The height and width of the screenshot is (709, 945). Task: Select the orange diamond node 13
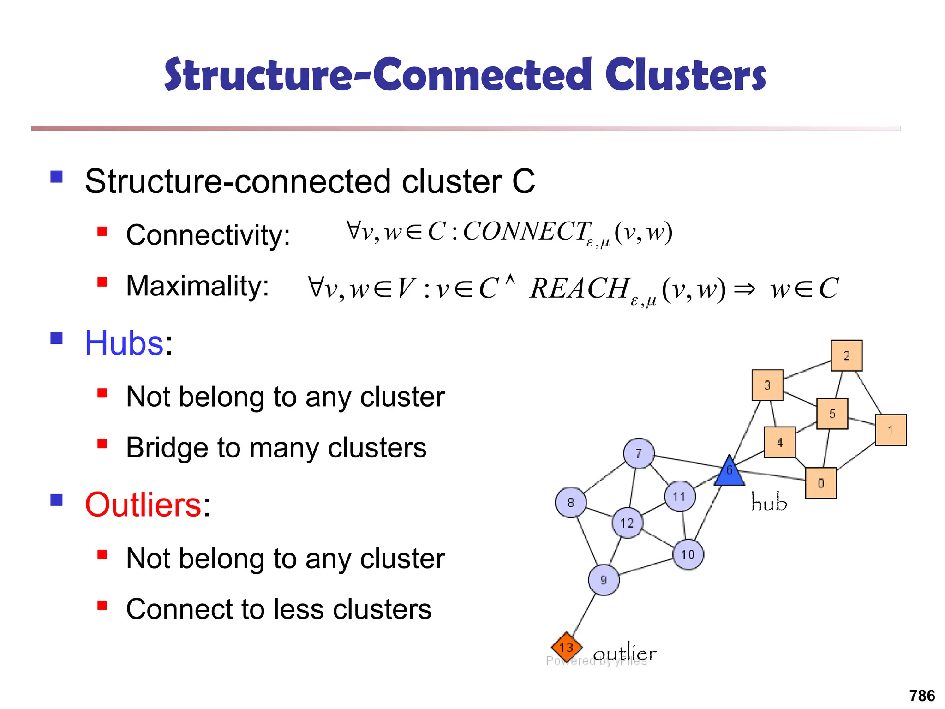[567, 647]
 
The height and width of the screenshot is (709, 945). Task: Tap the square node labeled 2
[847, 356]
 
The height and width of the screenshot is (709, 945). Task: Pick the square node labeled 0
[821, 483]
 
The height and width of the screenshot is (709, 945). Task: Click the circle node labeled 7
[639, 454]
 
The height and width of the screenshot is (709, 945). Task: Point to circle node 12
[627, 523]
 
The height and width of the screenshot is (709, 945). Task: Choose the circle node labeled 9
[604, 580]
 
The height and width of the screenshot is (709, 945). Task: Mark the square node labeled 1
[891, 430]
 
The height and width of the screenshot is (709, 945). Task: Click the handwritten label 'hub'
[769, 502]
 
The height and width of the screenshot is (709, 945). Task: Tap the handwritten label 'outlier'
[625, 654]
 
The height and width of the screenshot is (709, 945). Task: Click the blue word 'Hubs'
[124, 343]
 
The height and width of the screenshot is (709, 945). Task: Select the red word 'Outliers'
[143, 505]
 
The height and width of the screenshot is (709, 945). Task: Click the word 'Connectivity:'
[208, 235]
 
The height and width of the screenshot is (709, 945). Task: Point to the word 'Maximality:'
[197, 286]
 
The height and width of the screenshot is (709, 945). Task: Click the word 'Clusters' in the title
[685, 75]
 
